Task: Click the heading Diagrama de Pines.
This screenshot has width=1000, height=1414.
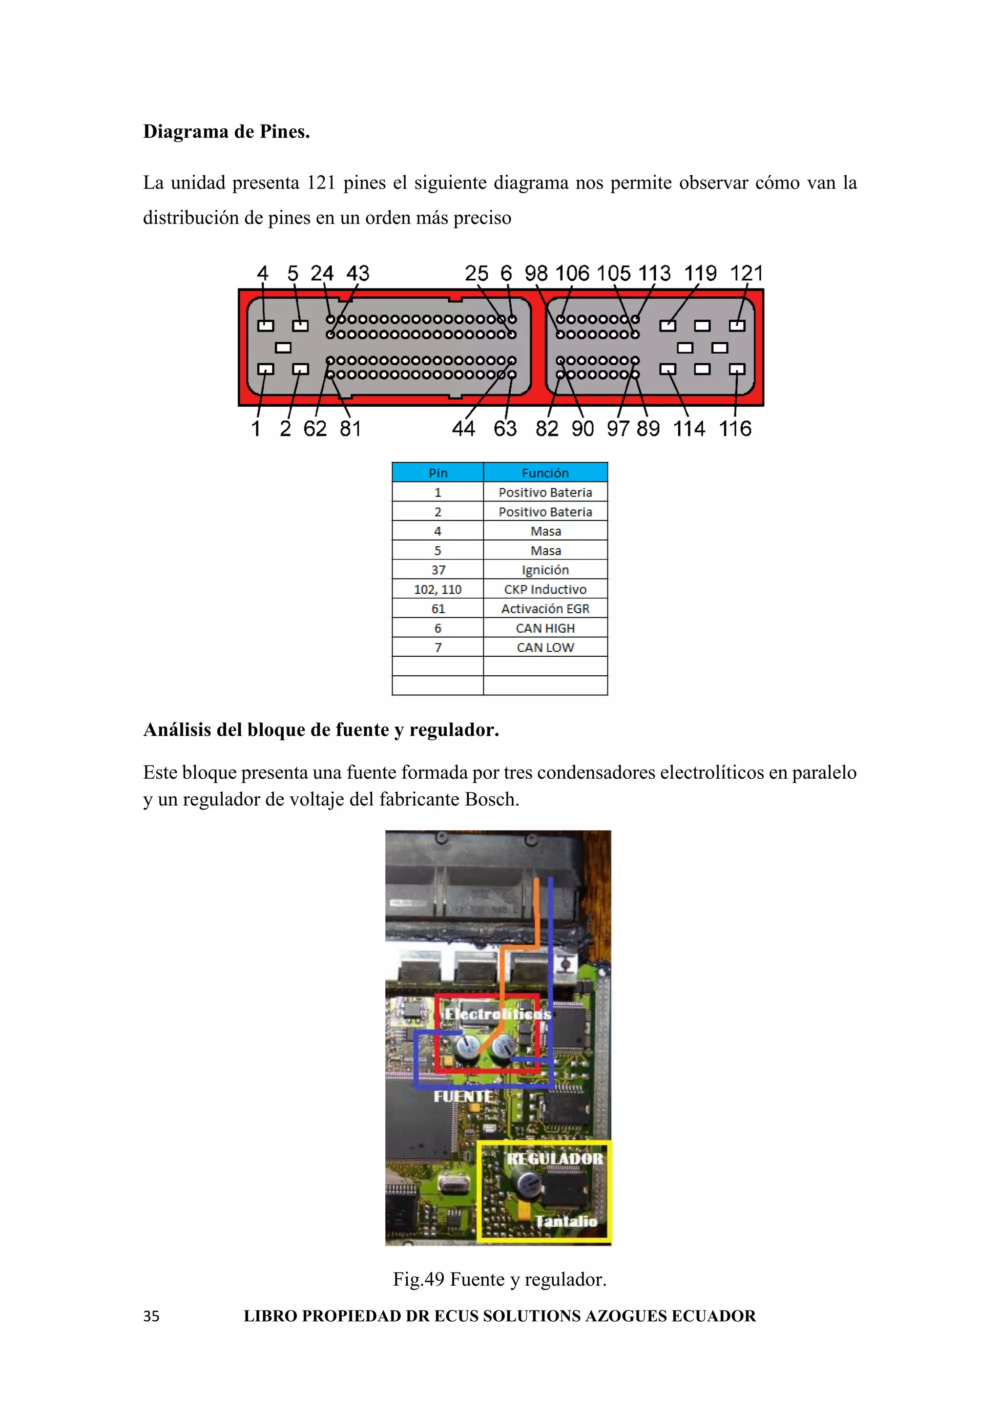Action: click(x=226, y=132)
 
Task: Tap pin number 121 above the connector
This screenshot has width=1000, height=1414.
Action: click(x=746, y=273)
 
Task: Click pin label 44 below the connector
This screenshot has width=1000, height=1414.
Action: click(x=463, y=429)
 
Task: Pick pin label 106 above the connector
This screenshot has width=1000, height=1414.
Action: click(x=572, y=273)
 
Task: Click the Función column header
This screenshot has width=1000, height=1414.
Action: click(x=545, y=473)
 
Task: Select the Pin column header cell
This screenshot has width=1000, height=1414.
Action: click(x=438, y=473)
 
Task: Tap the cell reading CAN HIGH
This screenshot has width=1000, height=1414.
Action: click(x=545, y=628)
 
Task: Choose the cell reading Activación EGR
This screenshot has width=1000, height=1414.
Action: click(x=545, y=609)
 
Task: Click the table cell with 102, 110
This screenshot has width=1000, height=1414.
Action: click(x=438, y=589)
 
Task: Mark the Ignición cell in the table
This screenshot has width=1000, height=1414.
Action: click(x=545, y=570)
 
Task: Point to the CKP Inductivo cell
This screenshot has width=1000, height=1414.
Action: click(x=545, y=589)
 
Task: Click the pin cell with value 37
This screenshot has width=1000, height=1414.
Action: click(x=438, y=570)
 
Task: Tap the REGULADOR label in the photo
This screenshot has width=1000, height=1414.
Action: click(x=554, y=1159)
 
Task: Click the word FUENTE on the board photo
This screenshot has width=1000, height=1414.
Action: click(x=463, y=1097)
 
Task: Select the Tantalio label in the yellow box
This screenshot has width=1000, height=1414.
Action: click(x=565, y=1221)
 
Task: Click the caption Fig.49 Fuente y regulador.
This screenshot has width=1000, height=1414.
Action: click(x=500, y=1280)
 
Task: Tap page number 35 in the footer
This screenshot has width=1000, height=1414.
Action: click(x=151, y=1317)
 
